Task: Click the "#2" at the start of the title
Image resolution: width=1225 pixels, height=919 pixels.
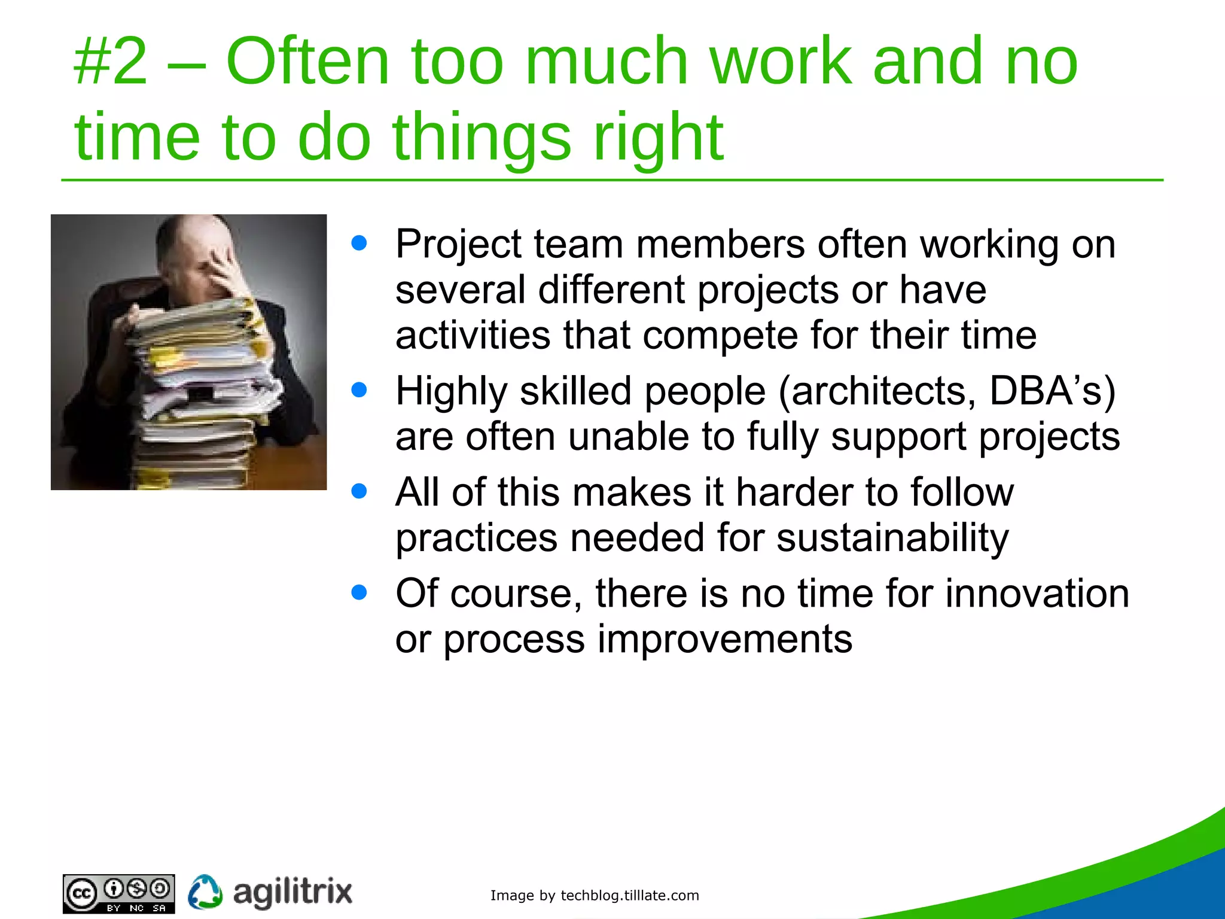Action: (x=111, y=62)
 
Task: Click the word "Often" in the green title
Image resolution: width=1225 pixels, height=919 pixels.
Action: (x=307, y=62)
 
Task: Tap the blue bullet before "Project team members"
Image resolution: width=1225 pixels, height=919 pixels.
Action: (x=359, y=244)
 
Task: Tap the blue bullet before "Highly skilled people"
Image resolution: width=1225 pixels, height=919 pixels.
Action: (x=359, y=390)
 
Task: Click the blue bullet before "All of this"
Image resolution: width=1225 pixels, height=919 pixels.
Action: (x=359, y=491)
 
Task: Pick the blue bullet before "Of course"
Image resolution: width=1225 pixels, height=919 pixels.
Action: (x=359, y=592)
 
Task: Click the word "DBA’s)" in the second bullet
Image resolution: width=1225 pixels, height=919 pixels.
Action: (x=1052, y=391)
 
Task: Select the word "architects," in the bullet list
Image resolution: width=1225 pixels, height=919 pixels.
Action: (x=877, y=391)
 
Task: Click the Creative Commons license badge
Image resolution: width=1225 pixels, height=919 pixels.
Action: (x=118, y=894)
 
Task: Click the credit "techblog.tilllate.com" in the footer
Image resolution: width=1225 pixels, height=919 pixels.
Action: (x=629, y=896)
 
